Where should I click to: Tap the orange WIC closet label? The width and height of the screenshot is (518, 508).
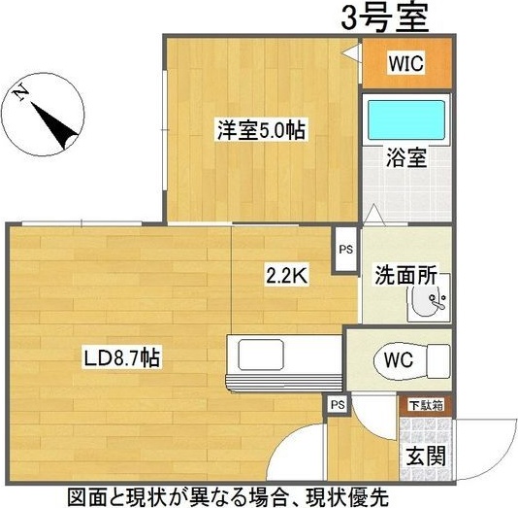pyautogui.click(x=405, y=64)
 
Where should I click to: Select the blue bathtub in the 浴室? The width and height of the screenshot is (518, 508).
pyautogui.click(x=405, y=121)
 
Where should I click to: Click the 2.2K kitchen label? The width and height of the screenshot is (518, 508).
pyautogui.click(x=287, y=276)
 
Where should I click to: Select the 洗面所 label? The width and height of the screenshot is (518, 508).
pyautogui.click(x=406, y=275)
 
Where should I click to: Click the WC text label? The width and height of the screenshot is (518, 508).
pyautogui.click(x=399, y=358)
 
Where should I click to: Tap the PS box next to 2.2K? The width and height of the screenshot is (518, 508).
pyautogui.click(x=345, y=249)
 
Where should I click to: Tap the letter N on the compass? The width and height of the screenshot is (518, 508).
pyautogui.click(x=21, y=93)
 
